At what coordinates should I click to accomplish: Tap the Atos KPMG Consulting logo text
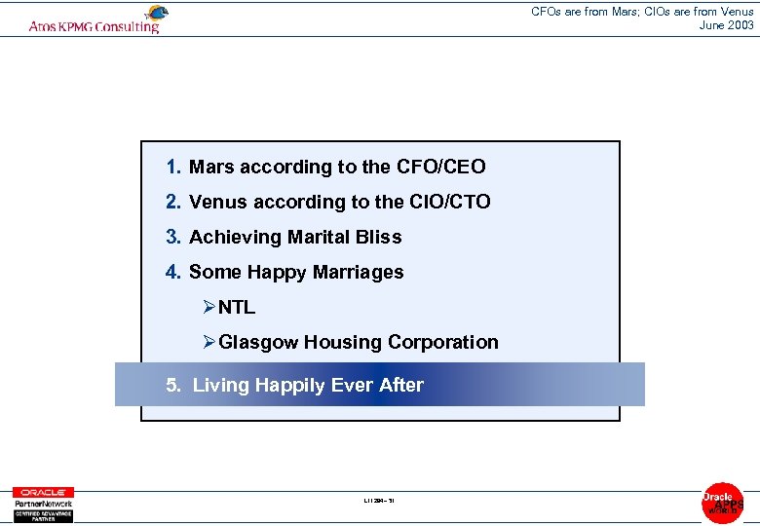pos(94,27)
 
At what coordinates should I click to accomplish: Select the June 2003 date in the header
pos(727,25)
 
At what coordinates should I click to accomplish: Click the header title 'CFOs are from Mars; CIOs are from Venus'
pos(642,12)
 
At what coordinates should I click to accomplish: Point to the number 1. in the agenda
pos(173,167)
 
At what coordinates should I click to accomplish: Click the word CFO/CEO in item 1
pos(440,167)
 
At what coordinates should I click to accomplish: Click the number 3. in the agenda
pos(173,237)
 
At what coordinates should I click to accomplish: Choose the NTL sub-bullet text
pos(237,307)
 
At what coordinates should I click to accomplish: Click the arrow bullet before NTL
pos(209,307)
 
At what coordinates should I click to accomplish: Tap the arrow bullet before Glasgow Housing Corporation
pos(209,342)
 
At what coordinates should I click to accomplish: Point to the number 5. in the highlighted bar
pos(173,385)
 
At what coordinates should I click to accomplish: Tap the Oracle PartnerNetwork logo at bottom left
pos(43,505)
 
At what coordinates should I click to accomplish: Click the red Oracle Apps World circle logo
pos(722,503)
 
